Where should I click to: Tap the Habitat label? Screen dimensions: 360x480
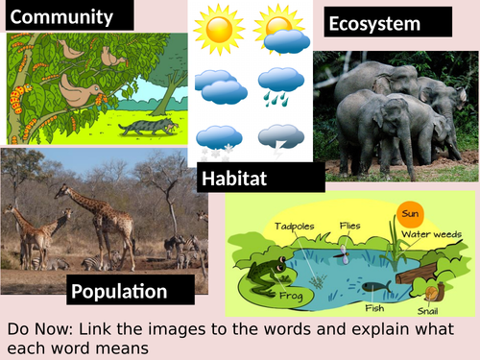234,178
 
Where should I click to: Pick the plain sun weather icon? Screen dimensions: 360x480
219,29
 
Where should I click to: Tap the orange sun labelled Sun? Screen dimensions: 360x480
410,212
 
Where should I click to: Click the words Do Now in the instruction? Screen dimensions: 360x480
40,330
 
